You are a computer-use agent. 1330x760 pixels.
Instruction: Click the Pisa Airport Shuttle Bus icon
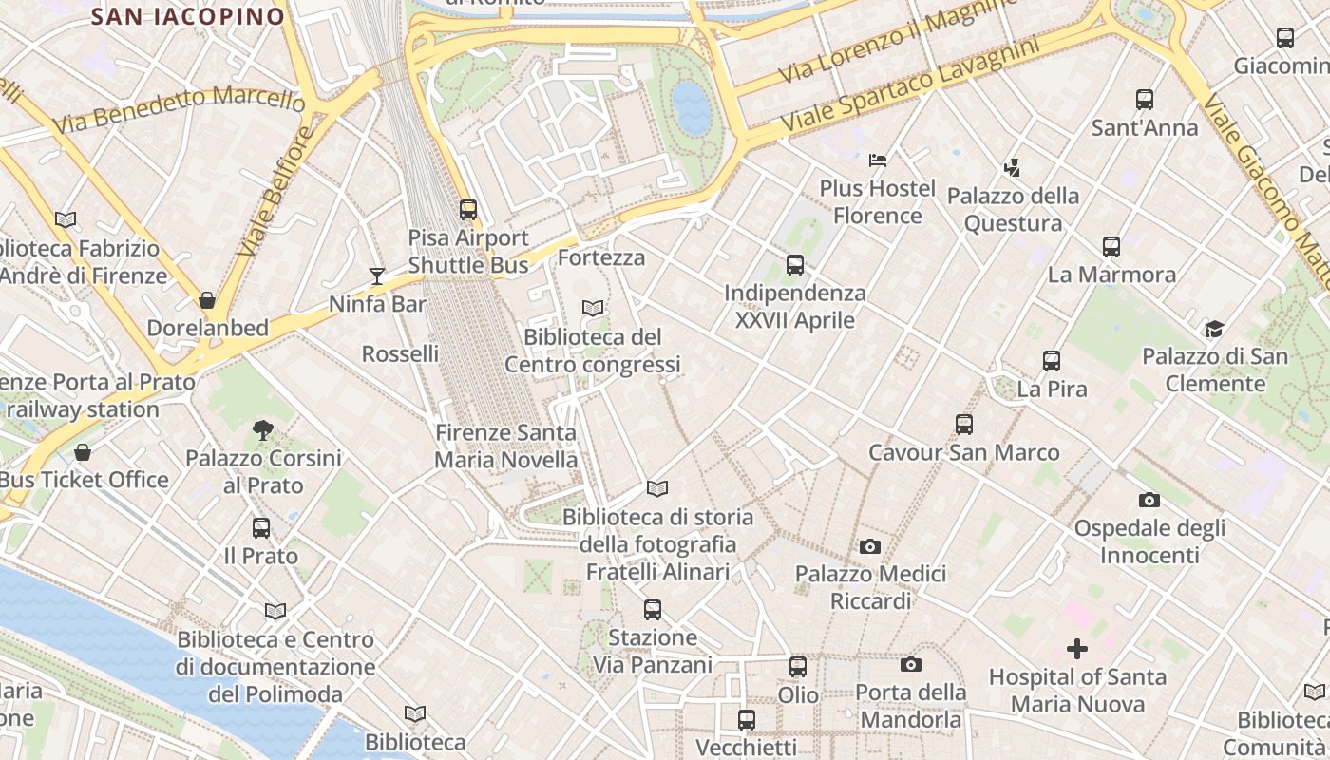coord(468,210)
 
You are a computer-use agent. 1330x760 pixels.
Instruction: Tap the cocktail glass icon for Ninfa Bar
coord(377,276)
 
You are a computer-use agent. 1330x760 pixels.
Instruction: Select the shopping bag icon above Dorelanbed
coord(207,300)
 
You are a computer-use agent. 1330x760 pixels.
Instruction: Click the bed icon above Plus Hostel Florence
coord(877,160)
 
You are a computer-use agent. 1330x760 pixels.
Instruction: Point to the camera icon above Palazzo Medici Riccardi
coord(869,546)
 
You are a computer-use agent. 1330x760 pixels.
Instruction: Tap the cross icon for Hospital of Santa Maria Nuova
coord(1076,649)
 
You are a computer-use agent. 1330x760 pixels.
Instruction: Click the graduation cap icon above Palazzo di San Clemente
coord(1214,329)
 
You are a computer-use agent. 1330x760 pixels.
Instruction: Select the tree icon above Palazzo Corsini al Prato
coord(263,430)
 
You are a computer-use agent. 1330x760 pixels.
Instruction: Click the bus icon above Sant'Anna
coord(1145,100)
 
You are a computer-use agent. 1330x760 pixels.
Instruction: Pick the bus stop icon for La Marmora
coord(1111,247)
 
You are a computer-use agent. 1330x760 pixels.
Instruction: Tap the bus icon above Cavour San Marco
coord(964,425)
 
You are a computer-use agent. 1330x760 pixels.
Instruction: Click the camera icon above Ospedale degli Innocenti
coord(1149,500)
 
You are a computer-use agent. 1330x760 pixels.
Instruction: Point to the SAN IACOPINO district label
coord(188,16)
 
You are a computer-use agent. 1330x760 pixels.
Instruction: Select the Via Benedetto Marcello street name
coord(179,107)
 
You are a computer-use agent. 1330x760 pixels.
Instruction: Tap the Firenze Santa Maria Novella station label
coord(505,446)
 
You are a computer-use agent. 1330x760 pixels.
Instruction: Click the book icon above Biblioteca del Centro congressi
coord(593,308)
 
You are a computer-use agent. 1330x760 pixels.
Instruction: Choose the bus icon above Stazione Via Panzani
coord(652,610)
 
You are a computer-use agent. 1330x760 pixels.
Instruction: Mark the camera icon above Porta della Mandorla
coord(911,664)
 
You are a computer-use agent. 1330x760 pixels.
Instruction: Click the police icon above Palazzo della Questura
coord(1012,168)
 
